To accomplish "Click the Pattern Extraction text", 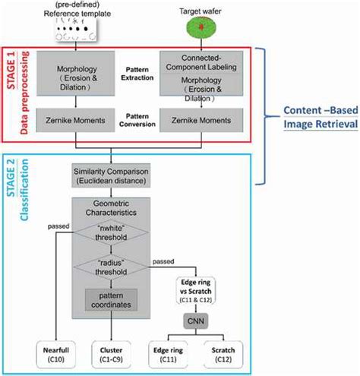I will tap(139, 78).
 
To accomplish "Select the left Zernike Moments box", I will tap(73, 119).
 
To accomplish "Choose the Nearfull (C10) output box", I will tap(58, 355).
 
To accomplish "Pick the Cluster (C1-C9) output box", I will tap(111, 355).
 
